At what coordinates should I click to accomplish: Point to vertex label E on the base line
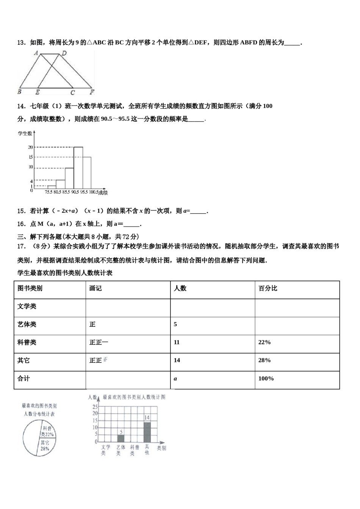37,92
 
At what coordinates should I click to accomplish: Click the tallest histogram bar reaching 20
78,167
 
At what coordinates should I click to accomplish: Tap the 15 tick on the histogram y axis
30,157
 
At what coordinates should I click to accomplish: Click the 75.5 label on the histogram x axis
49,192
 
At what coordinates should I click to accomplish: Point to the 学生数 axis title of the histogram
25,133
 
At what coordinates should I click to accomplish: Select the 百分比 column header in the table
268,288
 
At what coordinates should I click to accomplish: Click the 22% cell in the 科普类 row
264,342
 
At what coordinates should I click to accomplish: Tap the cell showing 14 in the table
177,360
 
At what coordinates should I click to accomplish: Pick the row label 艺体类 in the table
27,324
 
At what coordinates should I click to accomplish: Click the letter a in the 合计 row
175,378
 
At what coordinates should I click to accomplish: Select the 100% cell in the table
266,378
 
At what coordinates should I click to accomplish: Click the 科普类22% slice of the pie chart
47,432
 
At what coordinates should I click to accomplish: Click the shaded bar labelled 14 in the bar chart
147,432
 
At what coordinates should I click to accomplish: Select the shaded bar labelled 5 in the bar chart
121,438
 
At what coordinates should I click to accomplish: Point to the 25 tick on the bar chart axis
95,406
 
